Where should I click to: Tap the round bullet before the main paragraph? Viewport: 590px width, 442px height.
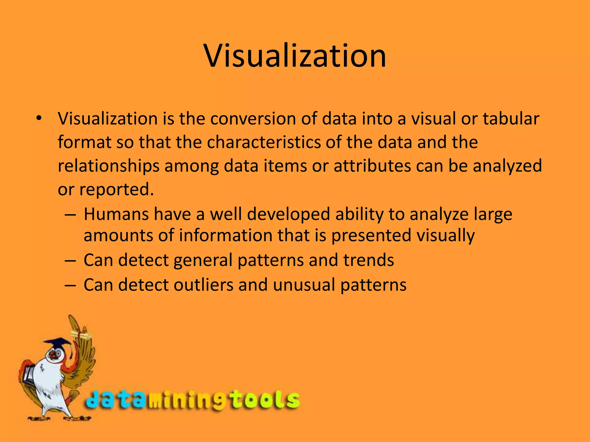point(39,118)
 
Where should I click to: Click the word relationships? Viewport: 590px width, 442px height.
point(109,166)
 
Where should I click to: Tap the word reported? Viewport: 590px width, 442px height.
point(116,190)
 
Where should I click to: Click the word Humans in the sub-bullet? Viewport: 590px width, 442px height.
point(116,214)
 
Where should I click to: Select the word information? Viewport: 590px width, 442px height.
point(225,235)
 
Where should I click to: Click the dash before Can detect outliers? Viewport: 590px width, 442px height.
point(71,285)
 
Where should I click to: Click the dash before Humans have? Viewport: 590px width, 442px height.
point(71,215)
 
